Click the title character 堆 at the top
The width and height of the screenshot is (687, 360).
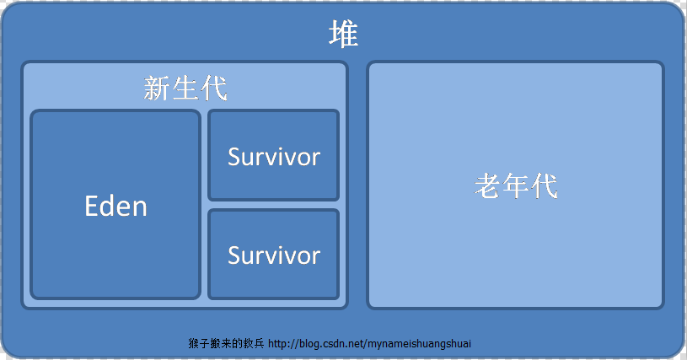(x=343, y=35)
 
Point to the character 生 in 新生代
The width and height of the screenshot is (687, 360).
(x=185, y=89)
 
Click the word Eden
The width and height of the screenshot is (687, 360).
(x=116, y=206)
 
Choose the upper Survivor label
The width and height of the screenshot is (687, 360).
(x=274, y=156)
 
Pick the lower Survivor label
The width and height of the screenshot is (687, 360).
(x=274, y=255)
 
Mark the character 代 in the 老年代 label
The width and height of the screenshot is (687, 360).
(x=545, y=185)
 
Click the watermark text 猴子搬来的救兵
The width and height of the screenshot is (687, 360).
(x=226, y=345)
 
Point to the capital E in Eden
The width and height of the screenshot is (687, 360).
(x=93, y=206)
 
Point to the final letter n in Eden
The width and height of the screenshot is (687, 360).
(x=140, y=207)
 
